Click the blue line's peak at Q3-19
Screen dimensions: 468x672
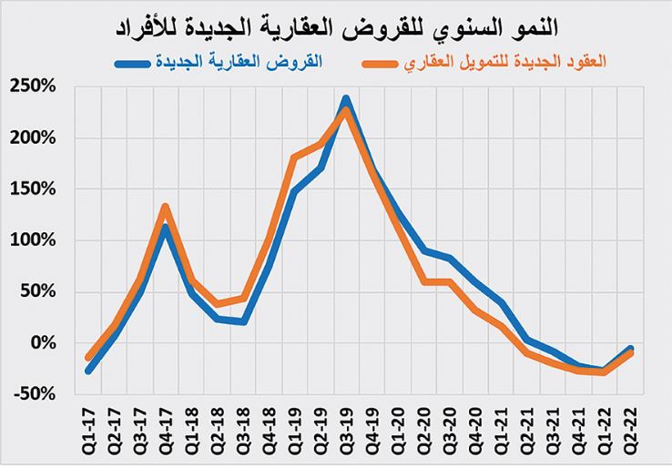click(346, 98)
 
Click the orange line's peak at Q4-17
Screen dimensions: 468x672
click(165, 207)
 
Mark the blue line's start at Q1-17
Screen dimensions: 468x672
click(88, 371)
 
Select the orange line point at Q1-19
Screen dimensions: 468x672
click(294, 158)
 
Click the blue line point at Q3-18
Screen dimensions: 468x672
click(243, 321)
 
